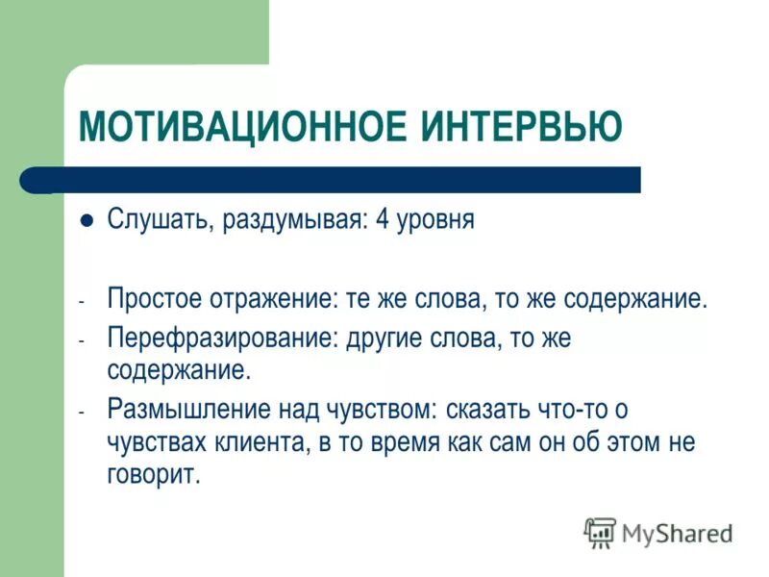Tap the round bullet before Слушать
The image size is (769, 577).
[x=87, y=219]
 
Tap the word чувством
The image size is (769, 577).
[x=380, y=410]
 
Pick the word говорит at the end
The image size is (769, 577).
[x=153, y=476]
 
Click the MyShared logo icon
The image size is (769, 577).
[x=600, y=532]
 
